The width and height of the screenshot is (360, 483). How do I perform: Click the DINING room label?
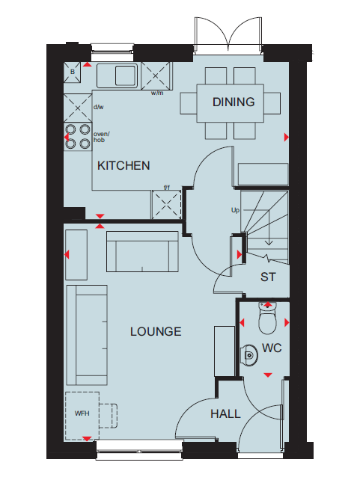point(234,102)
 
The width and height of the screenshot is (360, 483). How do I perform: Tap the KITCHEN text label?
point(123,166)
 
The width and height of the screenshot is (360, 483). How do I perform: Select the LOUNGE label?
point(156,331)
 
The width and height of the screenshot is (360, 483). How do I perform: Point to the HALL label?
point(225,413)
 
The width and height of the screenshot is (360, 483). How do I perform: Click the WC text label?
point(272,348)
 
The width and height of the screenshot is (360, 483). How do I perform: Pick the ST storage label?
point(268,277)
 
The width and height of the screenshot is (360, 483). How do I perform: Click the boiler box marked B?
point(72,72)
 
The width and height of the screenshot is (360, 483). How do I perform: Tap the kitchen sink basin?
point(126,76)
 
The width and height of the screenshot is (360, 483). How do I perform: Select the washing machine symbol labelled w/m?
point(156,76)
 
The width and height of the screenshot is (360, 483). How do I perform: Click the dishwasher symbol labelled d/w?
point(78,108)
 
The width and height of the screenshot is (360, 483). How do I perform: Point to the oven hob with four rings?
point(78,137)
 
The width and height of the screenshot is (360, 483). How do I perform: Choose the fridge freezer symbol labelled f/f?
point(166,205)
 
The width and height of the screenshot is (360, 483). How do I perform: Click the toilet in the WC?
point(267,318)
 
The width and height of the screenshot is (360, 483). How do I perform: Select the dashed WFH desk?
point(82,416)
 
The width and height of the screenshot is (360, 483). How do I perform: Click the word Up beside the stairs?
point(235,210)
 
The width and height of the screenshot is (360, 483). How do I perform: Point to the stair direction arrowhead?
point(269,243)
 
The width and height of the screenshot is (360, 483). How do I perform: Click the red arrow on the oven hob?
point(67,137)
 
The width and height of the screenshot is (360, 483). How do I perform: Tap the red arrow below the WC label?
point(268,375)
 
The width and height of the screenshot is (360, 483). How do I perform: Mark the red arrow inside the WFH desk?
point(87,439)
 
